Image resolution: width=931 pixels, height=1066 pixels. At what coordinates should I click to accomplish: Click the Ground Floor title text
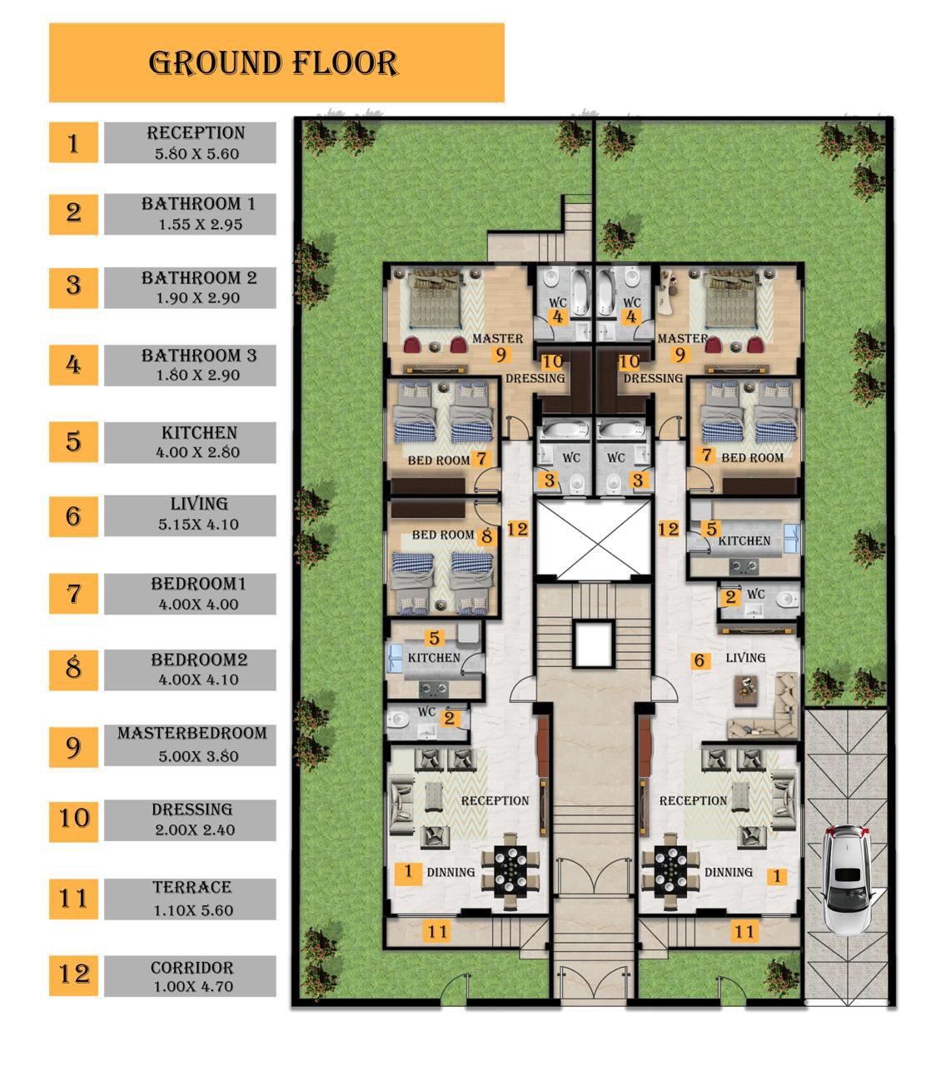point(273,63)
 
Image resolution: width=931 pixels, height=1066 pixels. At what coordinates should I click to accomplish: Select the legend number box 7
point(73,594)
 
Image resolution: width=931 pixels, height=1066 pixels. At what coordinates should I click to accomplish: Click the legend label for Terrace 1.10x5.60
point(190,899)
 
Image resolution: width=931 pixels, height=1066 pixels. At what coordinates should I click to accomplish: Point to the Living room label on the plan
point(745,658)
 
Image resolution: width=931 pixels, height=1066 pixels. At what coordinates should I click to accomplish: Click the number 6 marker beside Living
point(699,660)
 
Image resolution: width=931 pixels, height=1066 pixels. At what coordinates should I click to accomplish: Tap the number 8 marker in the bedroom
point(486,535)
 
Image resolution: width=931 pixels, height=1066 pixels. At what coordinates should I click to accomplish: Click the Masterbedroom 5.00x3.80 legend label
point(190,745)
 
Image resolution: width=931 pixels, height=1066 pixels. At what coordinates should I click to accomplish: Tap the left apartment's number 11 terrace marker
point(437,931)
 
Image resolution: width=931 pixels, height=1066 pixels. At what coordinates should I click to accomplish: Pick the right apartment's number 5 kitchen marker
point(711,529)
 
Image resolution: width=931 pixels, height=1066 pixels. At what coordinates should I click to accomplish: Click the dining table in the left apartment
point(510,870)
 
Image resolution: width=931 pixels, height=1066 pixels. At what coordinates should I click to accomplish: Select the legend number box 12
point(73,975)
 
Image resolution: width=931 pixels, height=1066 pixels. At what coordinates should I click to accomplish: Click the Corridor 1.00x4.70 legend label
point(190,976)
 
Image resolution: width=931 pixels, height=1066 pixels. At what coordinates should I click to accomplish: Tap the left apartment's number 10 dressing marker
point(552,361)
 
